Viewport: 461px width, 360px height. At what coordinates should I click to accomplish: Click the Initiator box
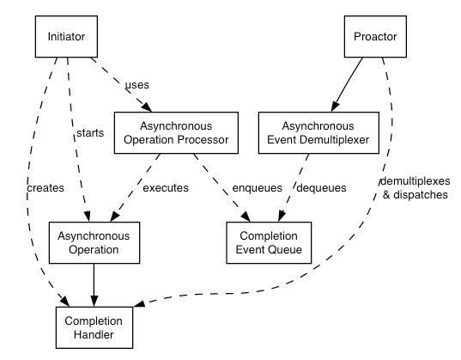click(x=66, y=36)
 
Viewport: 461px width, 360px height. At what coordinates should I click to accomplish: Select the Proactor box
click(x=375, y=36)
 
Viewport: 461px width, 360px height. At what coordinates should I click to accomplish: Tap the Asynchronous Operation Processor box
click(x=176, y=133)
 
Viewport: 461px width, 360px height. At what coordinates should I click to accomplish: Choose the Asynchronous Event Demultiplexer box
click(x=318, y=133)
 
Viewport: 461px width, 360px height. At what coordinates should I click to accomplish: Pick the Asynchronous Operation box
click(x=94, y=242)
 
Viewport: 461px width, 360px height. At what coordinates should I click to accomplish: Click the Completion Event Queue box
click(x=269, y=242)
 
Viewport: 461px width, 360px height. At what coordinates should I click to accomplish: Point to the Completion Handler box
click(x=94, y=327)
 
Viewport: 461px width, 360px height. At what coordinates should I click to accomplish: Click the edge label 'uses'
click(x=137, y=85)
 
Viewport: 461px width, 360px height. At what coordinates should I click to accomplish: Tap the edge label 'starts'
click(x=90, y=133)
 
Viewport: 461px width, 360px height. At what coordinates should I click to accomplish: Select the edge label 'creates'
click(x=45, y=188)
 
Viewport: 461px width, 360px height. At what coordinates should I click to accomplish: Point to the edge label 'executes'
click(x=166, y=188)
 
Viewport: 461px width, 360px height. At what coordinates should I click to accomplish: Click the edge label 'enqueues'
click(x=258, y=188)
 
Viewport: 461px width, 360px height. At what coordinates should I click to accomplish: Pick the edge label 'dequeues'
click(x=321, y=188)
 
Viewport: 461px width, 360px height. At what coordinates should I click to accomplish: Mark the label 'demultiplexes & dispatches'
click(x=416, y=188)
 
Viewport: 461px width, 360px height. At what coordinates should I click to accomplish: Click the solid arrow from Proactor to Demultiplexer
click(x=347, y=85)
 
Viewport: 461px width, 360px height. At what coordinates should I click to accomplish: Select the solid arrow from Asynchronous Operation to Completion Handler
click(x=94, y=285)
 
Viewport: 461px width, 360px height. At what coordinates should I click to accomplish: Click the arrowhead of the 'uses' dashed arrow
click(x=148, y=107)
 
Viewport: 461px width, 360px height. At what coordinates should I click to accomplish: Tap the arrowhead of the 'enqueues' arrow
click(x=246, y=217)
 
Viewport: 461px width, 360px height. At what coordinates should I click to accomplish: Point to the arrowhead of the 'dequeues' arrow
click(x=281, y=217)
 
